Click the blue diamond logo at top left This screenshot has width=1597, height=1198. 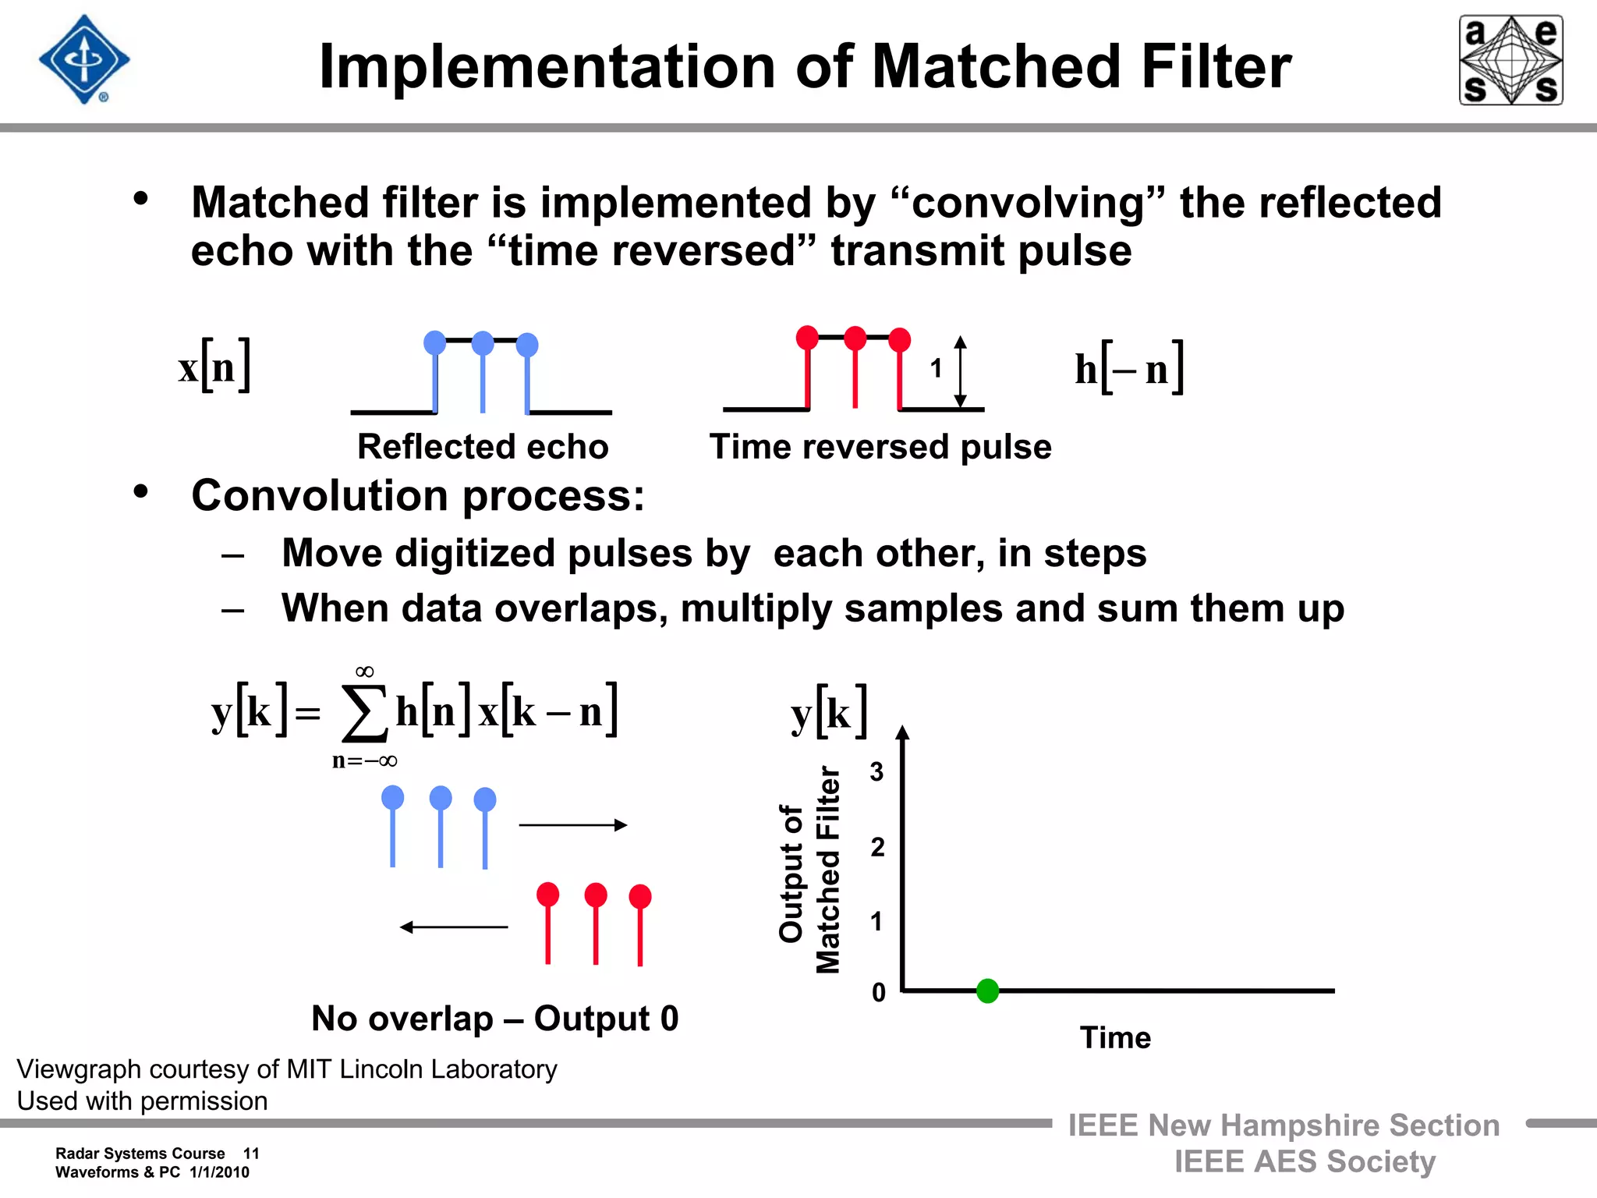coord(84,60)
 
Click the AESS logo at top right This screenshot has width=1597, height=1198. coord(1510,60)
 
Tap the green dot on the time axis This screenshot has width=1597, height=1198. coord(987,991)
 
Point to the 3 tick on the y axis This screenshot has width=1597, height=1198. coord(877,772)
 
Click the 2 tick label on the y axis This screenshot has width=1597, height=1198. coord(877,847)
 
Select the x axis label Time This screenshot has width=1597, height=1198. coord(1115,1038)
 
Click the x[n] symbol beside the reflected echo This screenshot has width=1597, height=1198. coord(214,366)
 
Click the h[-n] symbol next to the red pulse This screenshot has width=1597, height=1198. coord(1129,368)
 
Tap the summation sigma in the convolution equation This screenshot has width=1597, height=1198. coord(364,713)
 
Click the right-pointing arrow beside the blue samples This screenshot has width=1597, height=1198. coord(573,825)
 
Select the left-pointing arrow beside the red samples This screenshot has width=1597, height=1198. coord(454,927)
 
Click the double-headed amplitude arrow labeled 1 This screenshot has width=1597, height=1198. coord(961,372)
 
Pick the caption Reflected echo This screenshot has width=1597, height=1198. coord(483,447)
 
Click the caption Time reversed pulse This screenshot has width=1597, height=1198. coord(880,447)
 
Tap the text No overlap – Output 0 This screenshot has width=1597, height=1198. coord(495,1019)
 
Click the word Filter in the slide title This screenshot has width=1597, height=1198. coord(1216,66)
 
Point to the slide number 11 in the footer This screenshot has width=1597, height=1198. coord(251,1154)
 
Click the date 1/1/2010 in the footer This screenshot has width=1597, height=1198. coord(219,1172)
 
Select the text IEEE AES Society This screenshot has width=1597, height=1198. coord(1305,1161)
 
